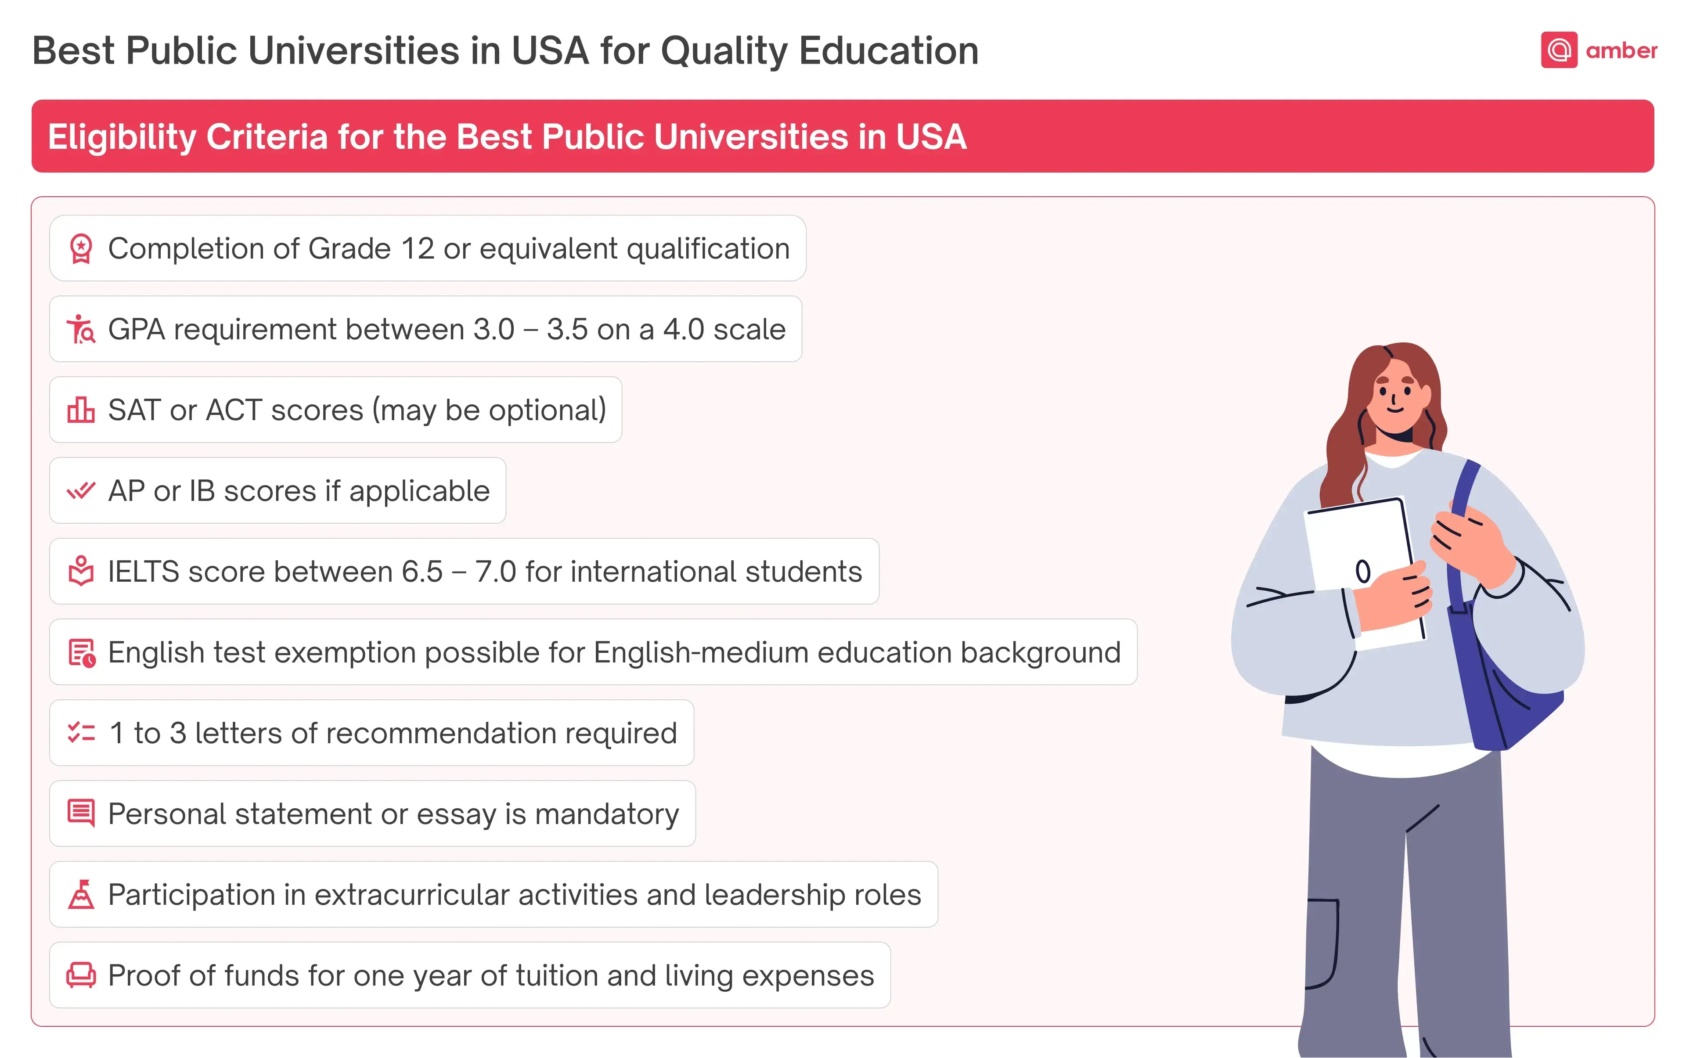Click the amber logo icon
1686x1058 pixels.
(1559, 50)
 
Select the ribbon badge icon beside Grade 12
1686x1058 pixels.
(81, 248)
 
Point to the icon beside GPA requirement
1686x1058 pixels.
(81, 329)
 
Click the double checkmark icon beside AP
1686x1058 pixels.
(81, 490)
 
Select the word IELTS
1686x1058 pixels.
(144, 572)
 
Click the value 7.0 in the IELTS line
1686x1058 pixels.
(496, 572)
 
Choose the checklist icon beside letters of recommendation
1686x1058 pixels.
(81, 733)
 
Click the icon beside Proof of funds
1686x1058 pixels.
(81, 975)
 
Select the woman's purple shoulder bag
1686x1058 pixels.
(1498, 658)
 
